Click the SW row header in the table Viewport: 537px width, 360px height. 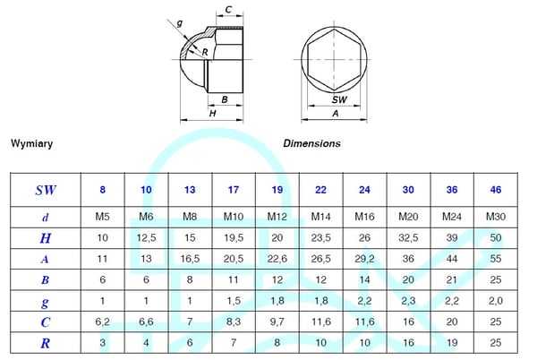coord(46,190)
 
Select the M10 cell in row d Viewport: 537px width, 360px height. coord(234,217)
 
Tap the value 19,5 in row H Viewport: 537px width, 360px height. coord(234,237)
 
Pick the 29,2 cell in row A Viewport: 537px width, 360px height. coord(364,259)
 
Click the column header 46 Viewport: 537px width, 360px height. coord(496,190)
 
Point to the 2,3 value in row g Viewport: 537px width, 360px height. coord(408,301)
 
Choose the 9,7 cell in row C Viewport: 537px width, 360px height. coord(277,321)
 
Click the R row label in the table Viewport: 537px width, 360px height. coord(46,343)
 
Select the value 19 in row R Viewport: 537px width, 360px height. coord(452,342)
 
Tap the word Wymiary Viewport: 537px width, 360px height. coord(32,143)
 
